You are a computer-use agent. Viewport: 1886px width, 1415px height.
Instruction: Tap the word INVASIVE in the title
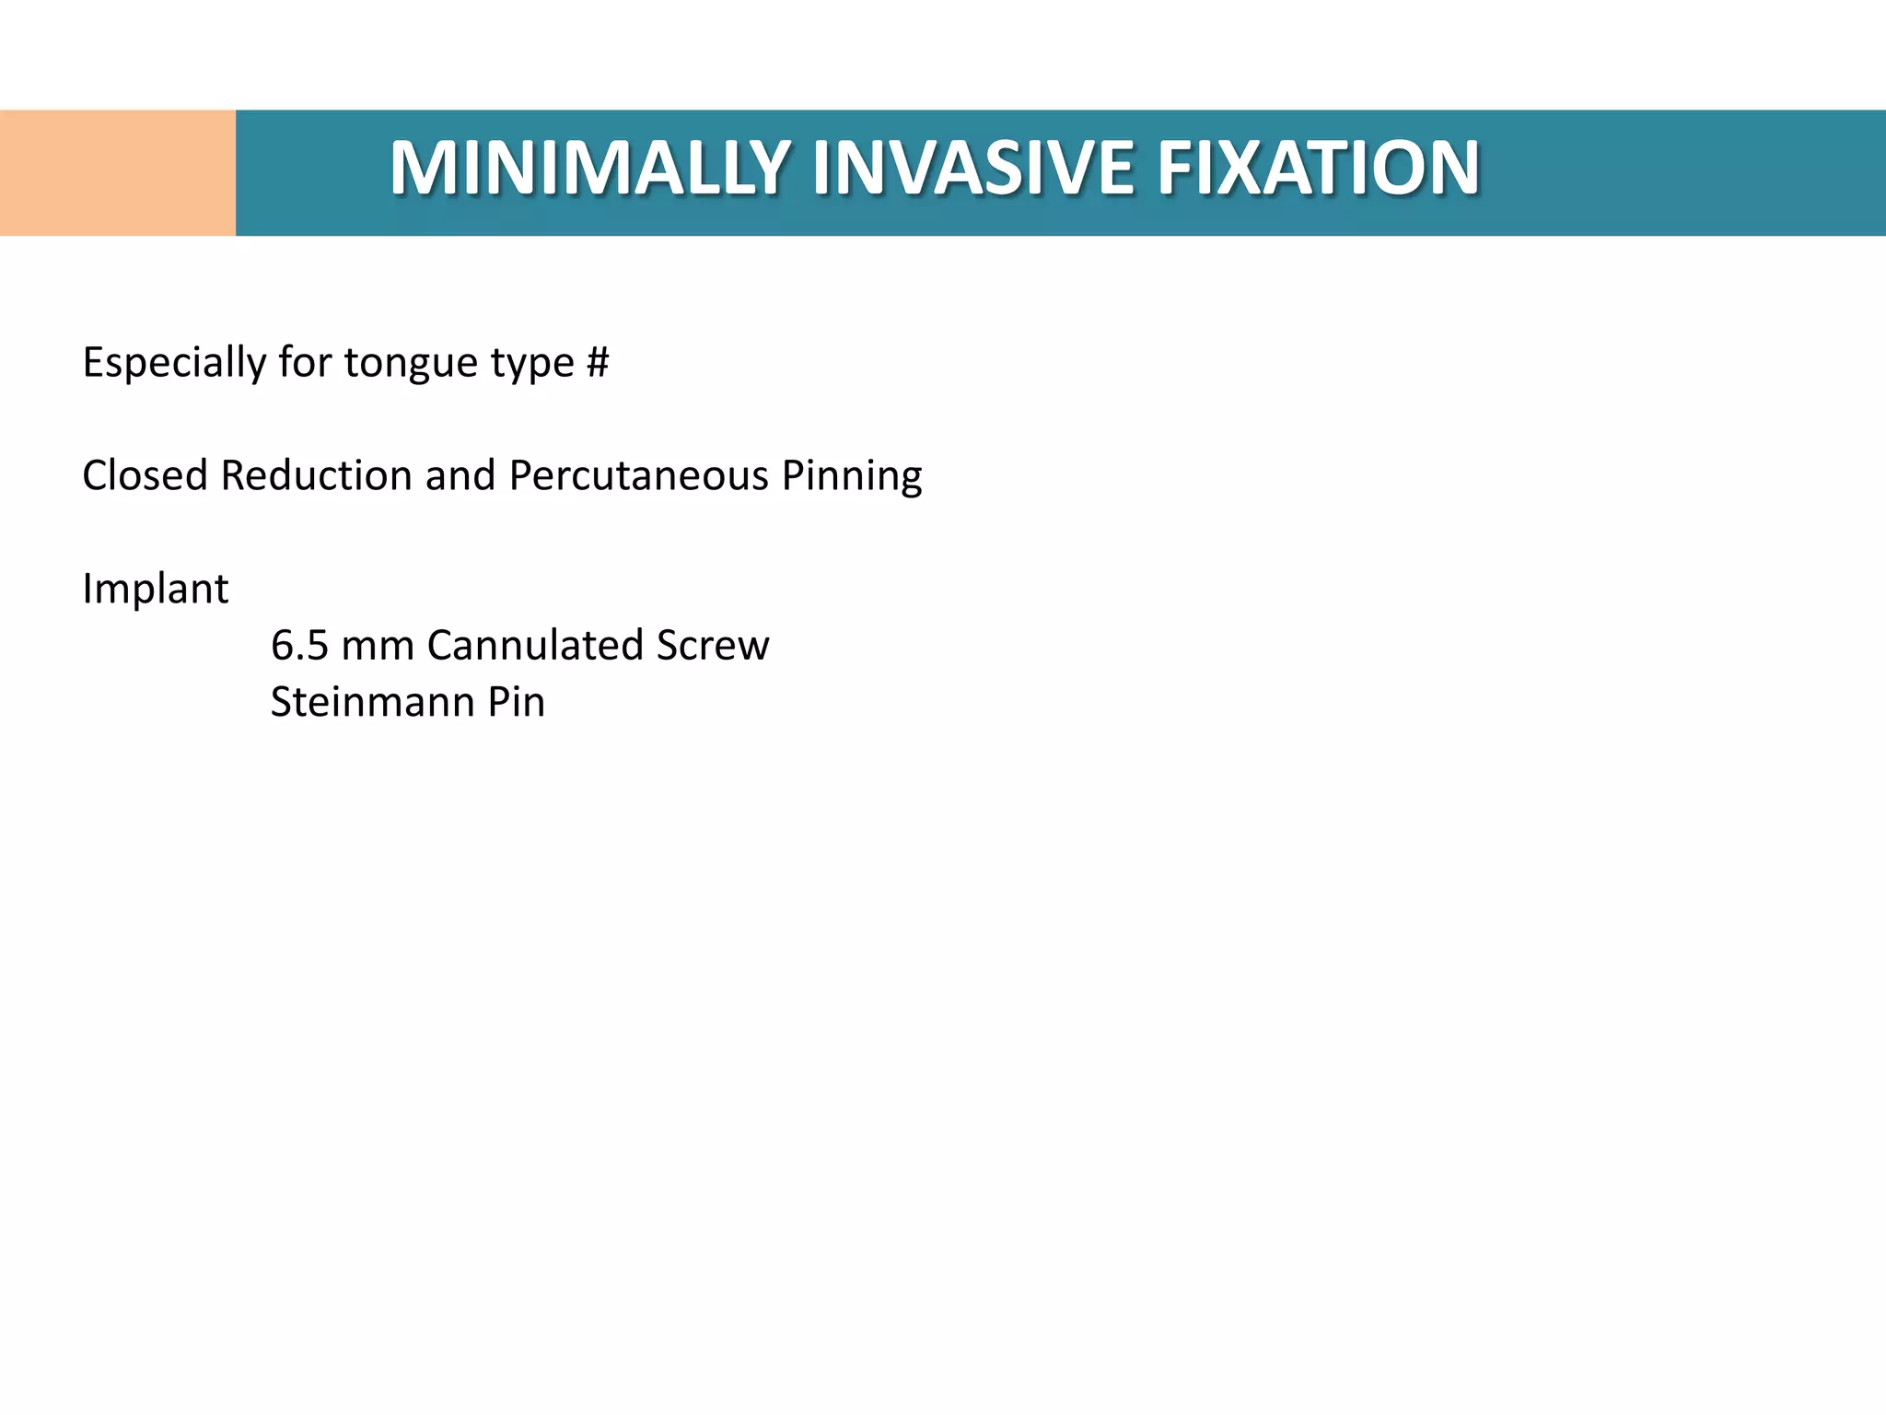tap(972, 168)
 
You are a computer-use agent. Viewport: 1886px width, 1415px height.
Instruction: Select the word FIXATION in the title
tap(1318, 168)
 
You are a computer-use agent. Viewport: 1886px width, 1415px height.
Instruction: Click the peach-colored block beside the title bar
tap(118, 172)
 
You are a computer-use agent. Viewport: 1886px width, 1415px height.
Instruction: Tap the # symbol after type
tap(597, 362)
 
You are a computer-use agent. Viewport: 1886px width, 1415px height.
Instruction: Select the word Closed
tap(145, 476)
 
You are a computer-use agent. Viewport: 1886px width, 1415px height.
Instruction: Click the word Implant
tap(155, 590)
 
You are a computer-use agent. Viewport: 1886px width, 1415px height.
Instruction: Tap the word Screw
tap(712, 646)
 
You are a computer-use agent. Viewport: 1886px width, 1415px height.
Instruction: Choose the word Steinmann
tap(372, 703)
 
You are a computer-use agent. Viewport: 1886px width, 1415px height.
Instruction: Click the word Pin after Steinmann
tap(517, 703)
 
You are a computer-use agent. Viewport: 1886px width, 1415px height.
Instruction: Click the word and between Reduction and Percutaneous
tap(460, 476)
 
